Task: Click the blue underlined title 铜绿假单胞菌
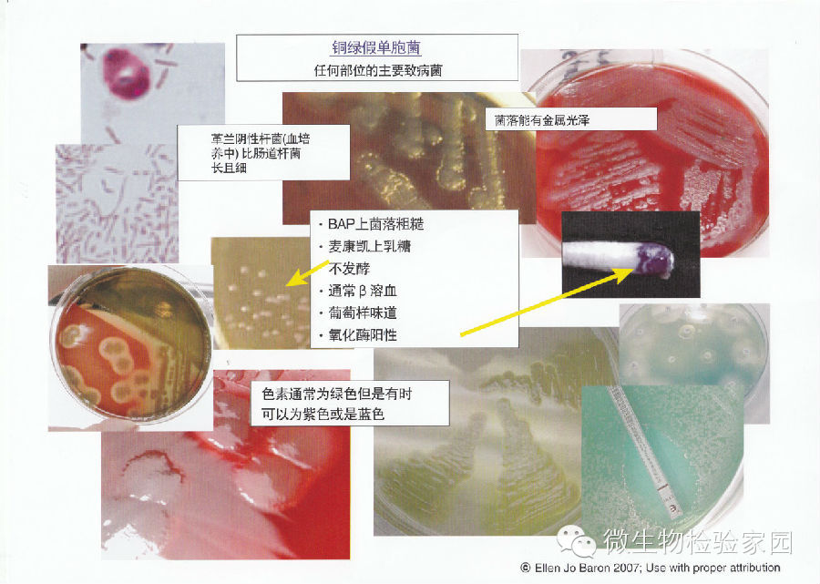(376, 48)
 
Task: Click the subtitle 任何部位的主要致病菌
(377, 70)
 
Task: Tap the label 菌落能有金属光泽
(542, 120)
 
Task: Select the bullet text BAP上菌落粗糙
(375, 224)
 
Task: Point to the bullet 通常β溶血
(363, 291)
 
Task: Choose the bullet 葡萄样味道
(363, 312)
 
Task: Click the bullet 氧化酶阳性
(363, 334)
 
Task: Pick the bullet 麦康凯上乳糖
(369, 246)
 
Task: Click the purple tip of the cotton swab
(654, 259)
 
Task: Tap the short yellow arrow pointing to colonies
(308, 273)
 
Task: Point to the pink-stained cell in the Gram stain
(127, 73)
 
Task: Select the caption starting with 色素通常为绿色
(337, 403)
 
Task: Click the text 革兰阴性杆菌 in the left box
(246, 139)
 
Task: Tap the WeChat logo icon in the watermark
(577, 541)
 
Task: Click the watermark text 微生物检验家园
(698, 541)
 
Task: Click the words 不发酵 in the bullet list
(349, 268)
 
